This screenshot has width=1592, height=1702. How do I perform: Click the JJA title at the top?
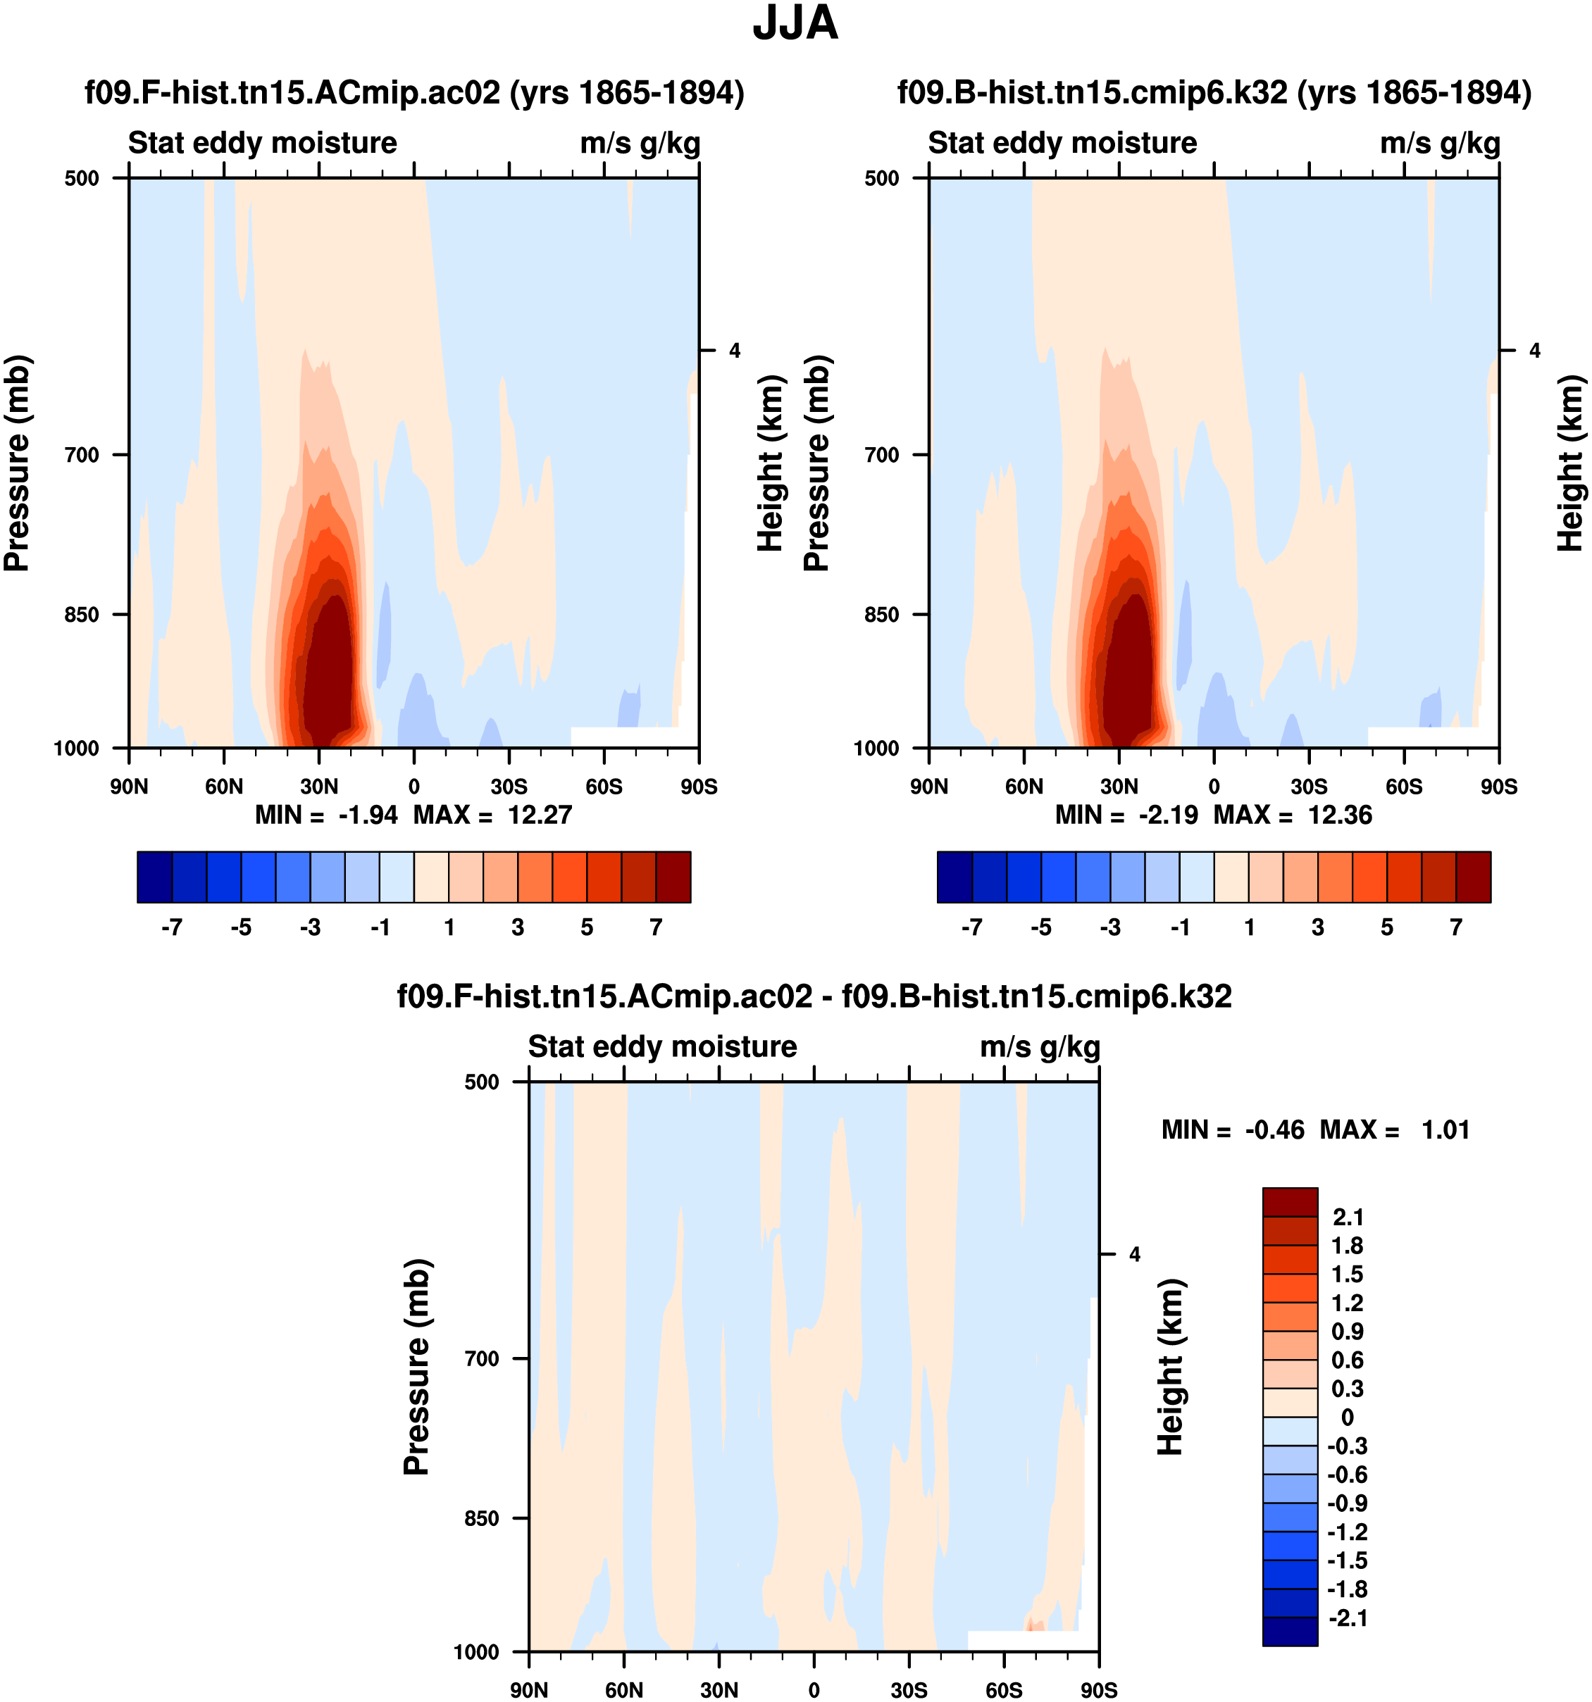tap(795, 24)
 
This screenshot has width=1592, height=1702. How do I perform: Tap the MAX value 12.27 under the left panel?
tap(539, 815)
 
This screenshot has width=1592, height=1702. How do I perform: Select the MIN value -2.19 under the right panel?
tap(1168, 815)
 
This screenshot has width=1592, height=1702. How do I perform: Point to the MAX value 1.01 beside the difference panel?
tap(1445, 1130)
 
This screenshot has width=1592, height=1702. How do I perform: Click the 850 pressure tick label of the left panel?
tap(82, 615)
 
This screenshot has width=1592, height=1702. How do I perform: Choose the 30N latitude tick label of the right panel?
tap(1119, 787)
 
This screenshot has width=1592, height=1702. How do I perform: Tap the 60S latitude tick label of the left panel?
tap(604, 787)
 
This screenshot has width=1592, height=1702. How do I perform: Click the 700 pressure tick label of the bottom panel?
tap(481, 1358)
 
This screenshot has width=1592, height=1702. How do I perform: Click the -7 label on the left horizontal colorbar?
tap(171, 927)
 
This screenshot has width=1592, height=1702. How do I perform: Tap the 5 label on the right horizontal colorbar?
tap(1386, 927)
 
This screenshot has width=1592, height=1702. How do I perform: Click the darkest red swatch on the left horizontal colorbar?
tap(673, 877)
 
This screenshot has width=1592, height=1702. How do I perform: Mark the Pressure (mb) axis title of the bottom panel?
tap(416, 1368)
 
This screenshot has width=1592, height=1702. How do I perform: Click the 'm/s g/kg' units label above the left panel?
tap(640, 143)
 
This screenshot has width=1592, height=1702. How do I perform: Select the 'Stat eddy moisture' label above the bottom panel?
tap(662, 1047)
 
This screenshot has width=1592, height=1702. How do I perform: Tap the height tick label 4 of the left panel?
tap(734, 350)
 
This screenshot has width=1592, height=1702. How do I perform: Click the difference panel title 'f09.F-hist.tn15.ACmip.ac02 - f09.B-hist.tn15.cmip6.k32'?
tap(814, 996)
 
